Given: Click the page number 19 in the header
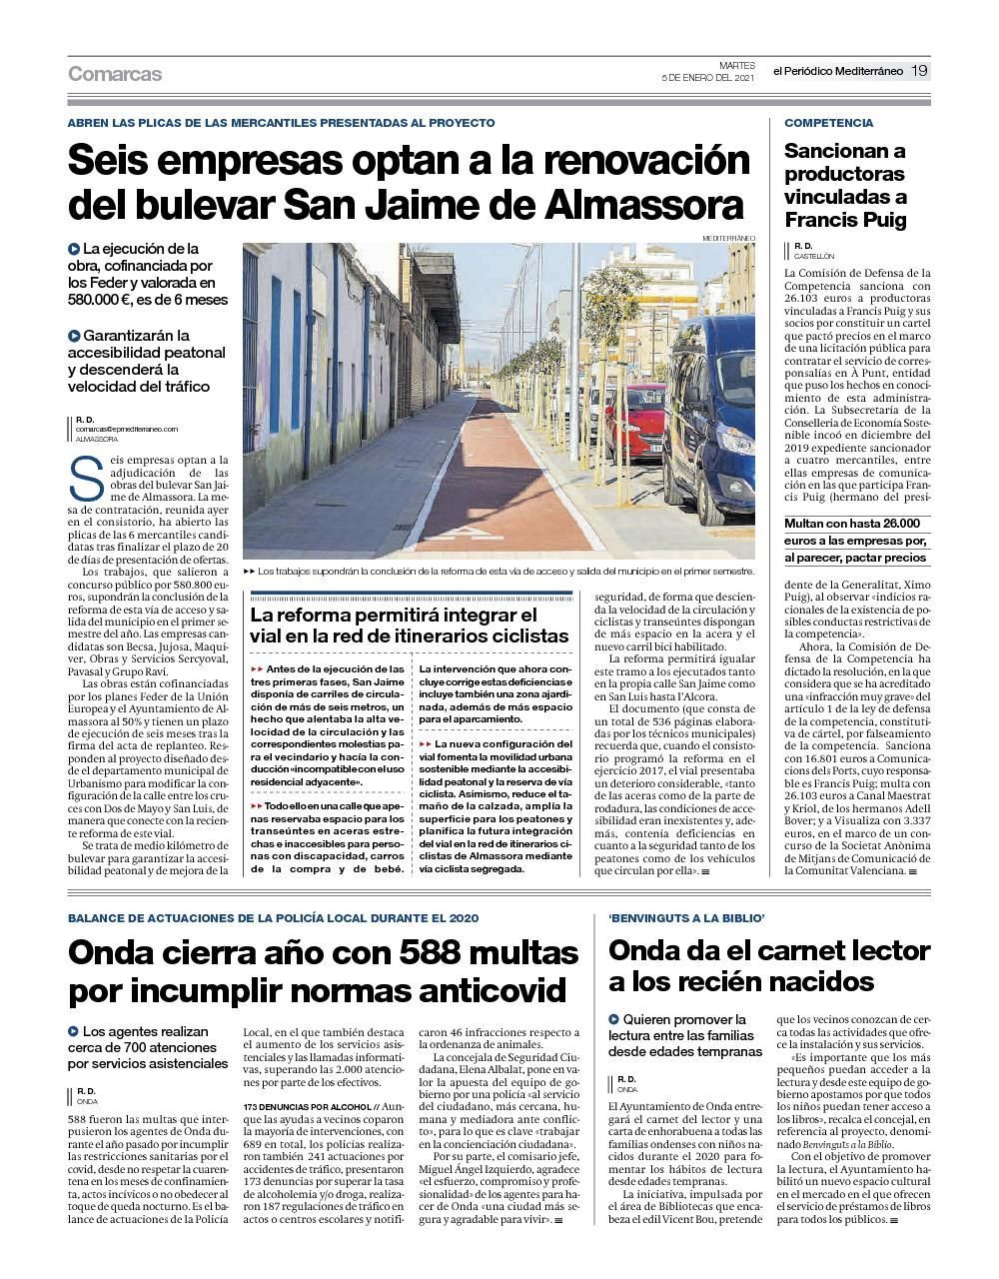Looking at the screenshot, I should coord(919,71).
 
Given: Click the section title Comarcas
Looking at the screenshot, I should coord(115,74).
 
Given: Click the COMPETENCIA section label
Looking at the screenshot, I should coord(828,123).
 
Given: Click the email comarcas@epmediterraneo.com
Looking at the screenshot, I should coord(127,429).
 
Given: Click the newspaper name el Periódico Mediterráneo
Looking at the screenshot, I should coord(837,71).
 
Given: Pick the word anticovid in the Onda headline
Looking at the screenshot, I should coord(470,991).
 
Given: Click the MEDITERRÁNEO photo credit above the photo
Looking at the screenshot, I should coord(729,238).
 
